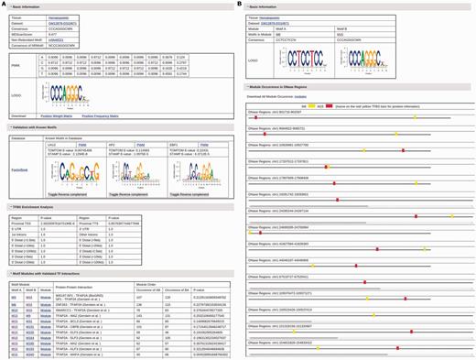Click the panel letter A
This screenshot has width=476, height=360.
click(x=4, y=5)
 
